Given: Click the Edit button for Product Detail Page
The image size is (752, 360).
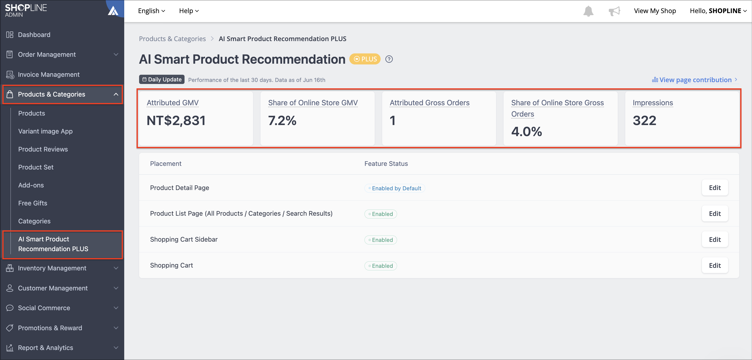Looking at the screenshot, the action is coord(715,188).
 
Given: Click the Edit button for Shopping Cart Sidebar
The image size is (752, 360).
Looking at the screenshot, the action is coord(715,239).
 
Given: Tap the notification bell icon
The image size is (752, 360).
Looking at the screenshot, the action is coord(588,11).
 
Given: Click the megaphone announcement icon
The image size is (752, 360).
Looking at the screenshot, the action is coord(614,11).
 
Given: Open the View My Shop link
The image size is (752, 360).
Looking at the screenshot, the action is coord(655,11).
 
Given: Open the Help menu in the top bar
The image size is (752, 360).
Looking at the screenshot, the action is coord(189,11).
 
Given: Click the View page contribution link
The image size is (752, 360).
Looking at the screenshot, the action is coord(695,80).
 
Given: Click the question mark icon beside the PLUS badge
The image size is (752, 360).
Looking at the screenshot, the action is coord(389,59).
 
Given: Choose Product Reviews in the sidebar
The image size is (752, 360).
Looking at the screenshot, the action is coord(43,149).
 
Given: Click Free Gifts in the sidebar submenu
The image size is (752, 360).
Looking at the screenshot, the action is coord(33,203).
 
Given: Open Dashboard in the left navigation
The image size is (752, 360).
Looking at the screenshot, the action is coord(34,35).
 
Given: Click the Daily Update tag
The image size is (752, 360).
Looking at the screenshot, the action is coord(162,79).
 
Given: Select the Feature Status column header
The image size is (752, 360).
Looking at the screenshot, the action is coord(386,164).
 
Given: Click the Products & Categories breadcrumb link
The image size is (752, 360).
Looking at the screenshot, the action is coord(172,39).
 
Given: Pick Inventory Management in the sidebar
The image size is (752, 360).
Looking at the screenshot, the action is coord(52,268).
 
